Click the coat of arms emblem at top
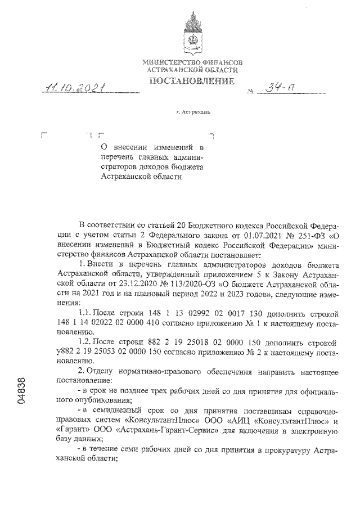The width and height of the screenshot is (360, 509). [x=192, y=33]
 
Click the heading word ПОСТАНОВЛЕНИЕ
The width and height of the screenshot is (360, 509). [x=191, y=82]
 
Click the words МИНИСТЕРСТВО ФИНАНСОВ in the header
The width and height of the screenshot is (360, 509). [x=192, y=61]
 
